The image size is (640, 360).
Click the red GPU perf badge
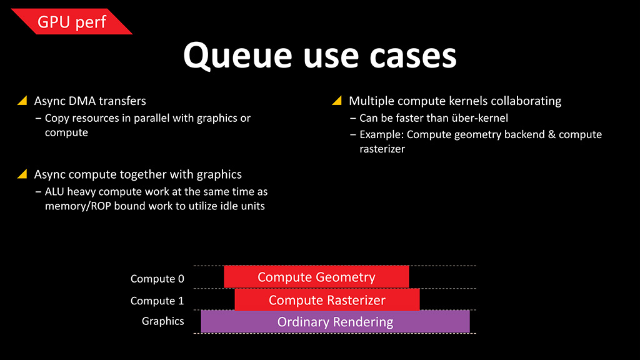click(x=72, y=21)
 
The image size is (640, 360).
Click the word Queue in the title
click(x=237, y=56)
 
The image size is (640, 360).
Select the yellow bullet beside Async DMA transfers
click(x=22, y=101)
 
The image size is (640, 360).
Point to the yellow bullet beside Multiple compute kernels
click(x=337, y=101)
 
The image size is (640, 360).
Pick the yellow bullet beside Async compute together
click(x=22, y=174)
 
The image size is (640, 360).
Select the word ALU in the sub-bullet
click(x=55, y=191)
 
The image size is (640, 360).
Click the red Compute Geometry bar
click(x=316, y=277)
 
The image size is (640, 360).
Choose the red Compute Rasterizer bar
click(x=327, y=300)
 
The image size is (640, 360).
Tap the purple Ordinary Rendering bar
click(x=335, y=322)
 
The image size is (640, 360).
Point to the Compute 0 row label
click(x=157, y=279)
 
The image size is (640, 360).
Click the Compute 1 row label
click(x=157, y=301)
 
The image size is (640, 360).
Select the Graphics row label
click(x=163, y=321)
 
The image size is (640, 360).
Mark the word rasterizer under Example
click(x=382, y=149)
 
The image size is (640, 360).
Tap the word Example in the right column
click(x=382, y=135)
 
